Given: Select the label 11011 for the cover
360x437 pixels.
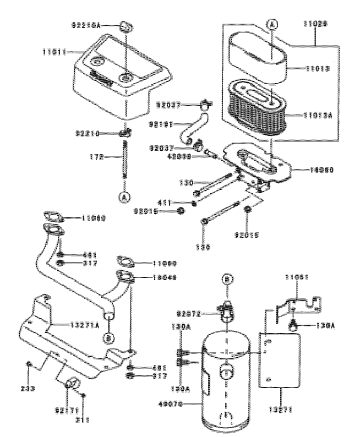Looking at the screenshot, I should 53,51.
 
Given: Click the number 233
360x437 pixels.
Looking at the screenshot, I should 26,388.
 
